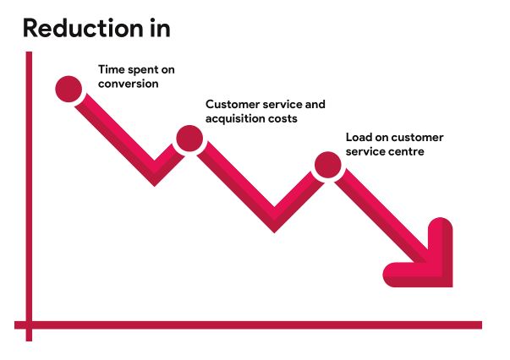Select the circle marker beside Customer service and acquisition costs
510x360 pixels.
point(189,138)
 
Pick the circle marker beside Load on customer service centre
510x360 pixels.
point(326,166)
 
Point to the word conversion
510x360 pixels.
point(128,84)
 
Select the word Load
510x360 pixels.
point(359,138)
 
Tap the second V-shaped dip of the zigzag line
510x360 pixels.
point(276,221)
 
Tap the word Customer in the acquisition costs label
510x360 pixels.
point(231,105)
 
